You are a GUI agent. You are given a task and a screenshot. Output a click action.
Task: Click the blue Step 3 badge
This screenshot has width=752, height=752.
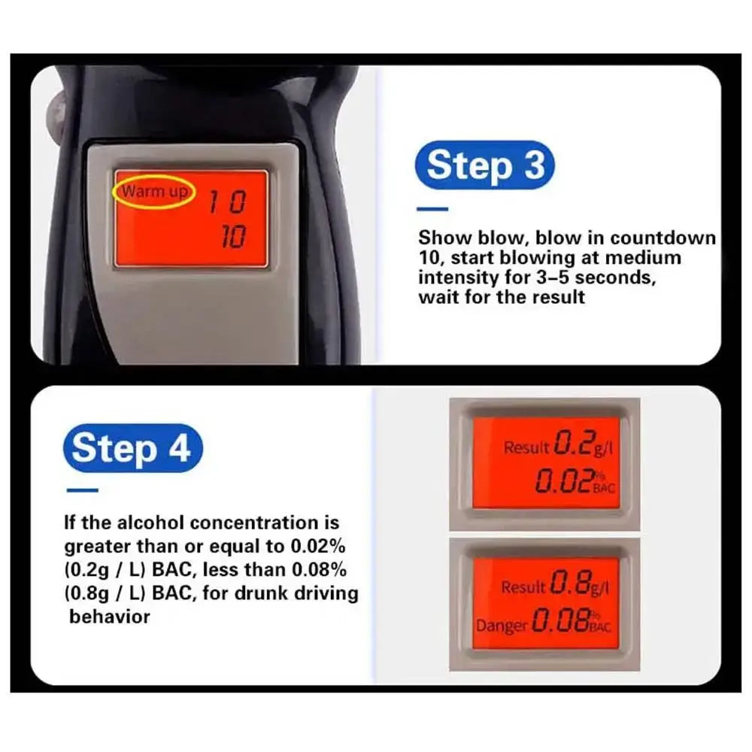pyautogui.click(x=486, y=165)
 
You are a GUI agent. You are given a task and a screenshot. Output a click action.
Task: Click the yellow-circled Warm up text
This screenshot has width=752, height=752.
pyautogui.click(x=154, y=192)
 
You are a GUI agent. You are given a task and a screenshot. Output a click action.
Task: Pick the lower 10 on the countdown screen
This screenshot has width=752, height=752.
pyautogui.click(x=232, y=238)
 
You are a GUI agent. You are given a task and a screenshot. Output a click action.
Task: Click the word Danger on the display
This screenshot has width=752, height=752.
pyautogui.click(x=502, y=625)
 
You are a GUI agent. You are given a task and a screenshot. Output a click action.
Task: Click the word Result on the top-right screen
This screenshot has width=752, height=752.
pyautogui.click(x=526, y=448)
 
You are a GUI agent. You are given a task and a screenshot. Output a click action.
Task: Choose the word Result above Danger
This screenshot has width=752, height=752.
pyautogui.click(x=523, y=587)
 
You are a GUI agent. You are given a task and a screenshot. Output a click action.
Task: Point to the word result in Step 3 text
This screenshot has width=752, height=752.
pyautogui.click(x=559, y=296)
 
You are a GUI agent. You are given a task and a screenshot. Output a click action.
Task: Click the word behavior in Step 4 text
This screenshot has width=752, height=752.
pyautogui.click(x=110, y=617)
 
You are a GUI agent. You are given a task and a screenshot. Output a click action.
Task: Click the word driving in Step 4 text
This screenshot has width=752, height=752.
pyautogui.click(x=324, y=593)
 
